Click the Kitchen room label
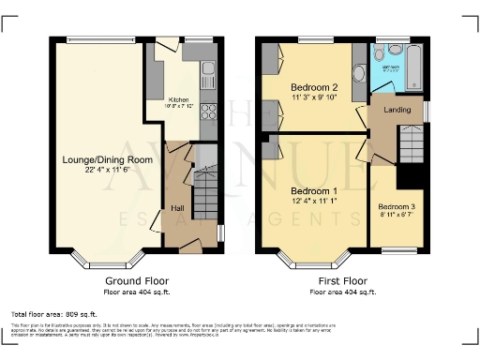(178, 97)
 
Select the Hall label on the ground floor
(177, 208)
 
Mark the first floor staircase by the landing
(412, 145)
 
